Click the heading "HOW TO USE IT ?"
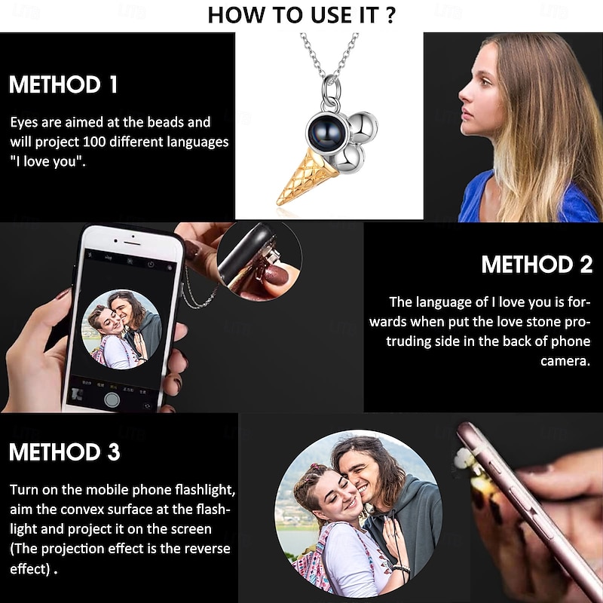pos(301,15)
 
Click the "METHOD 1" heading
pos(63,84)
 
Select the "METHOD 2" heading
pos(537,265)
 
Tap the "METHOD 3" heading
pos(65,451)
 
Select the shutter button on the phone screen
pos(112,399)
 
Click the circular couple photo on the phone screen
pos(122,329)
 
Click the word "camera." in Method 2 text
pos(565,361)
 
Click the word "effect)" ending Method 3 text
pos(30,569)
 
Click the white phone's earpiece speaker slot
pos(132,243)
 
